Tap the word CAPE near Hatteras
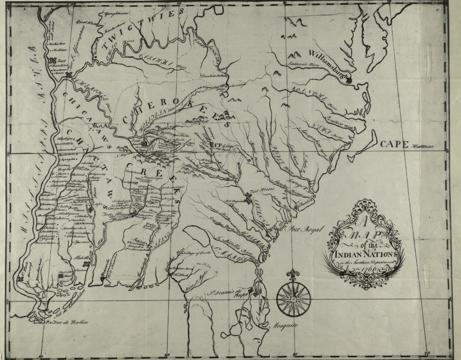tap(393, 144)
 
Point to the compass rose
tap(294, 297)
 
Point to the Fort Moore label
tap(262, 190)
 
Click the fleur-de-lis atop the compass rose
tap(294, 274)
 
